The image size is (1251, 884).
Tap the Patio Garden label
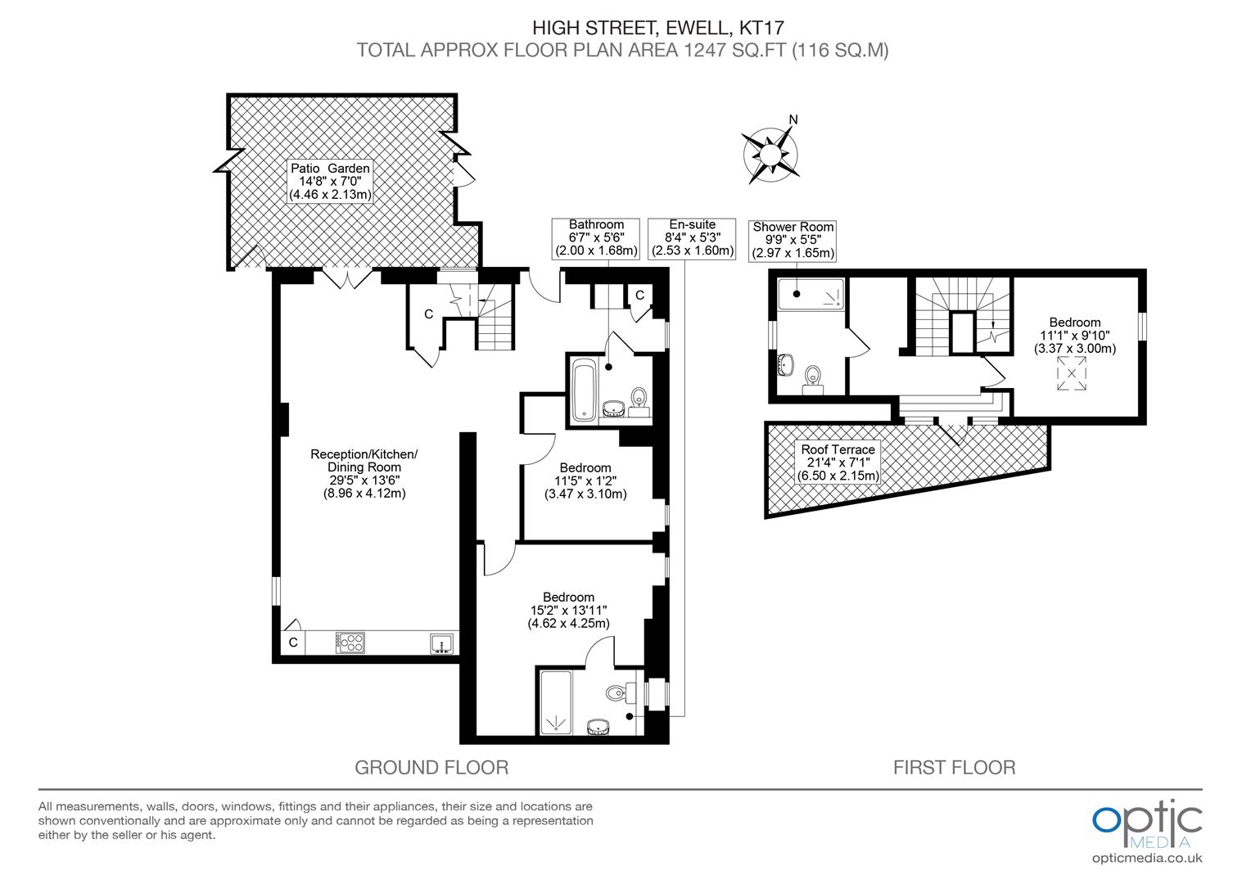[x=330, y=181]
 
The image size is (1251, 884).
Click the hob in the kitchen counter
[x=350, y=643]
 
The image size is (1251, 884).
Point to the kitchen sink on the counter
[x=441, y=643]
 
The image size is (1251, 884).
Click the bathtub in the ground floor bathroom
[x=583, y=388]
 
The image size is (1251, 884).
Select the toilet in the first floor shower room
[x=814, y=377]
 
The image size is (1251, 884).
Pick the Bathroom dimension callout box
[x=596, y=237]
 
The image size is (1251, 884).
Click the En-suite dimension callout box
[x=693, y=237]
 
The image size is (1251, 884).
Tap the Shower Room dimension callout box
[x=793, y=240]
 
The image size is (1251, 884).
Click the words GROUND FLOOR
[x=431, y=767]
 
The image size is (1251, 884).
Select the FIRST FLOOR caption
[x=954, y=767]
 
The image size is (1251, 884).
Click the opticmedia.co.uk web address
[x=1147, y=858]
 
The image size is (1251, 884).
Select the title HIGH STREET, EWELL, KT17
[x=623, y=28]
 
